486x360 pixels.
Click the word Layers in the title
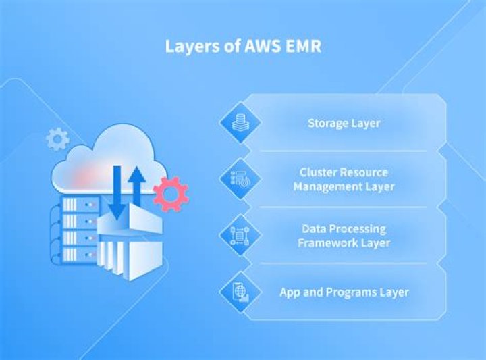(x=187, y=47)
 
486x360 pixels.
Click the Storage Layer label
(x=344, y=124)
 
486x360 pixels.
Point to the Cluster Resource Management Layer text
(x=344, y=179)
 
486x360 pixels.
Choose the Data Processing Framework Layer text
(x=344, y=236)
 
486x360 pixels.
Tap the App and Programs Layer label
(x=344, y=292)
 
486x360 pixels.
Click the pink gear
(x=170, y=194)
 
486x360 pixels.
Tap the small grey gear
(x=57, y=140)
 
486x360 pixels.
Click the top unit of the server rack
(x=80, y=204)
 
